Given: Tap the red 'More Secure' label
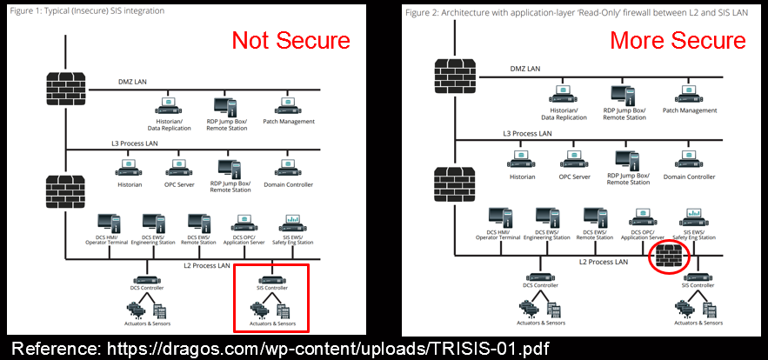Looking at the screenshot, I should point(678,40).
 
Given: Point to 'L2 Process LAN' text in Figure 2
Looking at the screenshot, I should point(603,261).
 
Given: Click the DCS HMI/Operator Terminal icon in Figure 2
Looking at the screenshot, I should point(498,219).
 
